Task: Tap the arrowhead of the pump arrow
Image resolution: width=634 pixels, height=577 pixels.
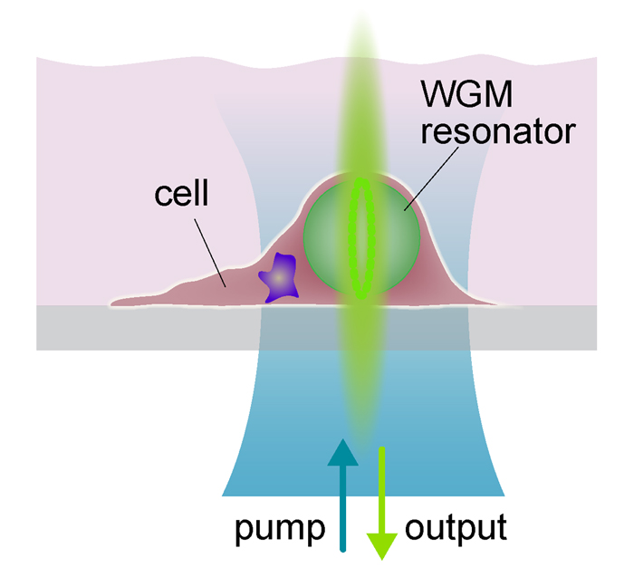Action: click(x=342, y=451)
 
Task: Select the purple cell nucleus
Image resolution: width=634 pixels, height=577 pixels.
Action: click(x=282, y=277)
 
